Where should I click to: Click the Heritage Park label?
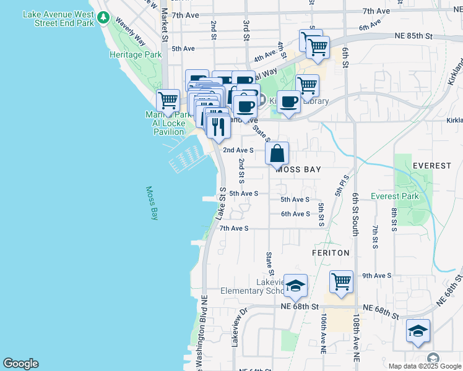[x=136, y=54]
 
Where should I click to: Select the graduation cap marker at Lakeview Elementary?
[x=296, y=284]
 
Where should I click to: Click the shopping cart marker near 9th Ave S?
[x=342, y=281]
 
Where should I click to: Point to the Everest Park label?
[x=395, y=196]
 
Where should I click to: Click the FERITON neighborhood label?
[x=331, y=253]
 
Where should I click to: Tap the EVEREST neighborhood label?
[x=432, y=166]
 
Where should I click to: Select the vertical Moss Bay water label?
[x=151, y=203]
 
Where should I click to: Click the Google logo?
[x=20, y=364]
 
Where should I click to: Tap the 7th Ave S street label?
[x=234, y=228]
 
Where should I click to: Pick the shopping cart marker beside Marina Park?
[x=168, y=100]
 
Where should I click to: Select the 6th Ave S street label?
[x=295, y=214]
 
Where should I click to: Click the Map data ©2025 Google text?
[x=425, y=365]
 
